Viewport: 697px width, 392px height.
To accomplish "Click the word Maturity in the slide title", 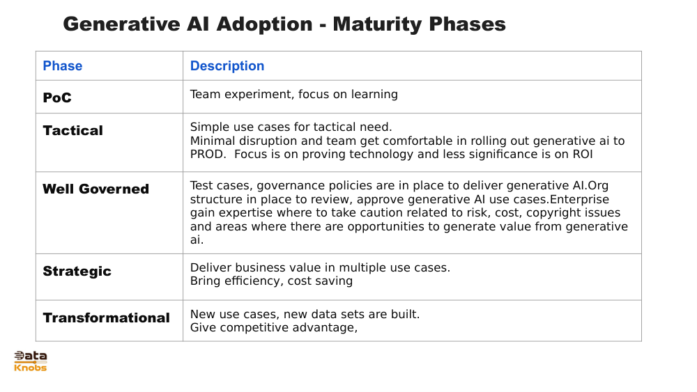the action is [x=376, y=24].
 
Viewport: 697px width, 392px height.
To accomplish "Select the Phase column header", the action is [x=63, y=65].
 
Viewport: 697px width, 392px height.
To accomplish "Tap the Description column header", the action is [x=227, y=66].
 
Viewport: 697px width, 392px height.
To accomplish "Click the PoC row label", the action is [x=57, y=97].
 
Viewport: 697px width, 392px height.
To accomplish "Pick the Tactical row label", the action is [x=73, y=130].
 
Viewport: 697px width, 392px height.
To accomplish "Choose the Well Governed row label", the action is [x=96, y=189].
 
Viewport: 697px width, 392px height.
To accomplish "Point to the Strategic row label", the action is [x=77, y=272].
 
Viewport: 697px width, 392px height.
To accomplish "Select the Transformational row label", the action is [x=106, y=318].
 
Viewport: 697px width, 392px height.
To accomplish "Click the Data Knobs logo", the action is [x=30, y=361].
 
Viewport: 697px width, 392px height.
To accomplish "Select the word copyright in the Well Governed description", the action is [x=556, y=212].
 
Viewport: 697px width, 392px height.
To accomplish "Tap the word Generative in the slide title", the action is [x=121, y=24].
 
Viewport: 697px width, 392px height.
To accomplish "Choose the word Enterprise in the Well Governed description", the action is [x=579, y=199].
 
